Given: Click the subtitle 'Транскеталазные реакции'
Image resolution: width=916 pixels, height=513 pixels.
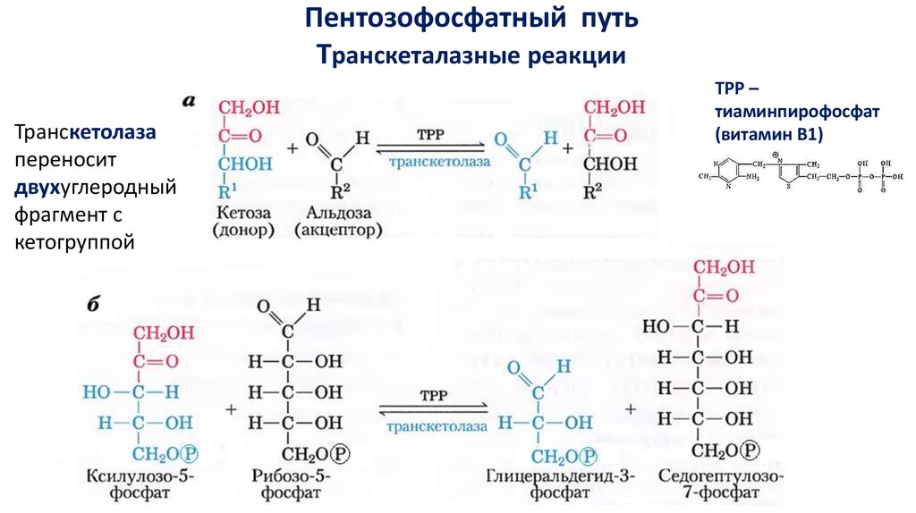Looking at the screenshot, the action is point(472,55).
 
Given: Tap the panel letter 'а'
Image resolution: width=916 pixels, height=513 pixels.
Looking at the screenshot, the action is point(189,101).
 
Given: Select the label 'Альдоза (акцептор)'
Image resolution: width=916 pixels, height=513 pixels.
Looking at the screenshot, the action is point(337,222).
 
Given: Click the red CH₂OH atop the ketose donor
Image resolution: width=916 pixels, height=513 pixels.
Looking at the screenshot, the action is point(248,109).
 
